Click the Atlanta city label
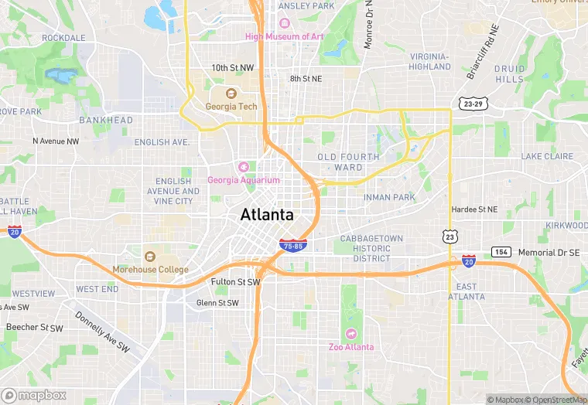pos(267,215)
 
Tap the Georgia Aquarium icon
pos(244,167)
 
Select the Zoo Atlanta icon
pos(351,334)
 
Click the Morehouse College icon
pos(150,256)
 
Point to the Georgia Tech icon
pos(230,94)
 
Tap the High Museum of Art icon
pos(284,23)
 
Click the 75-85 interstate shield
pos(294,246)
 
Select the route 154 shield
pos(501,253)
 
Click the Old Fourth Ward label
pos(348,162)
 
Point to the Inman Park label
pos(390,196)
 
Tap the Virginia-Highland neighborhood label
pos(429,62)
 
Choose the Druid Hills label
pos(509,74)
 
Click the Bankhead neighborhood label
pos(106,121)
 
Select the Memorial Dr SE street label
pos(549,253)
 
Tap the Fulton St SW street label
pos(235,282)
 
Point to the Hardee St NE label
pos(475,209)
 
